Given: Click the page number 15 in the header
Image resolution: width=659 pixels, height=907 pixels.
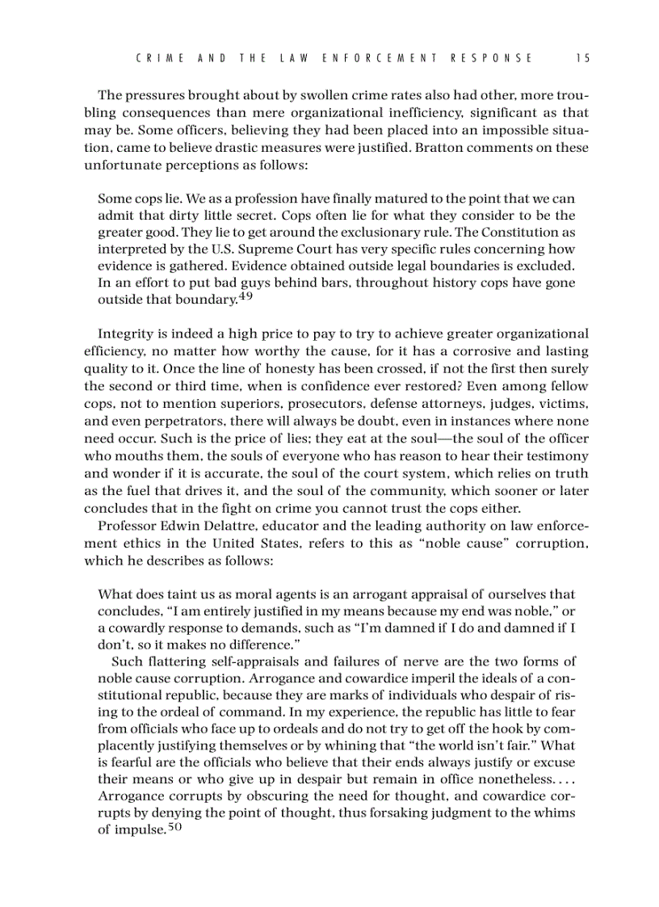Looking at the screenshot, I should [x=584, y=58].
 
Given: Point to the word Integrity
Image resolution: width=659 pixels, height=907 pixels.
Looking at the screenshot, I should [x=124, y=334].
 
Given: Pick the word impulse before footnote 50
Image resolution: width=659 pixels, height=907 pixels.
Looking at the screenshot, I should [x=139, y=830].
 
